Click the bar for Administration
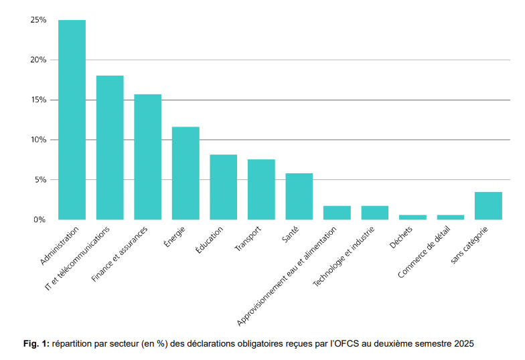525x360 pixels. point(72,120)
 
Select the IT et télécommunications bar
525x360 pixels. point(110,148)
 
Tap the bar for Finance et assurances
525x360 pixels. point(147,157)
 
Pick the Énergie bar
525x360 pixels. point(185,173)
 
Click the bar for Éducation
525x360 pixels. point(223,187)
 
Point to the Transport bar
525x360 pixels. point(261,189)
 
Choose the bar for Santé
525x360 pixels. point(299,197)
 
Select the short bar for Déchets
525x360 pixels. point(412,217)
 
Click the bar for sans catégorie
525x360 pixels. point(488,206)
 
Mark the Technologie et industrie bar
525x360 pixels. point(375,213)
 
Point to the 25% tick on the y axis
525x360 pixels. point(38,20)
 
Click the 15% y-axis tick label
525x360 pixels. point(38,100)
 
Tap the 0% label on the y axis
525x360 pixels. point(40,219)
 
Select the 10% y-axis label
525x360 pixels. point(38,140)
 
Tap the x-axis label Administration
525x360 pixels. point(60,247)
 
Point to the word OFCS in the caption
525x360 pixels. point(348,344)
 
